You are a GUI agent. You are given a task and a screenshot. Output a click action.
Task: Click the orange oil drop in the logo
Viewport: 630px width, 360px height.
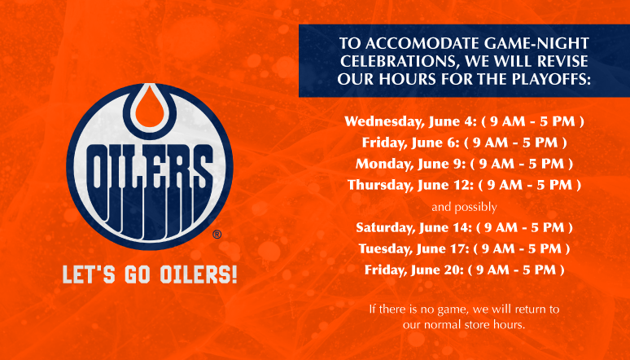point(150,107)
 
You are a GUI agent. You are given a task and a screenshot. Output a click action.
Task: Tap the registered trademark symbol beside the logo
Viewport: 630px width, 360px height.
point(217,234)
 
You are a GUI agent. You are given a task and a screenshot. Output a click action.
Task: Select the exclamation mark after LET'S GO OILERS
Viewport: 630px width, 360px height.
point(234,274)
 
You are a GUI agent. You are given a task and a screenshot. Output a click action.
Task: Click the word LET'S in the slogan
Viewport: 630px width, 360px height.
point(89,274)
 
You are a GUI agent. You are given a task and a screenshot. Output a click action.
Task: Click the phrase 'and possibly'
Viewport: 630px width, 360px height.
point(464,207)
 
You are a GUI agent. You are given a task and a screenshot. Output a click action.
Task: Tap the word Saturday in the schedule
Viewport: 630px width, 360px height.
point(385,228)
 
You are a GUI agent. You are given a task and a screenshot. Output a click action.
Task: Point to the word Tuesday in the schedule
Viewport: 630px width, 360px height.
point(385,248)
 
